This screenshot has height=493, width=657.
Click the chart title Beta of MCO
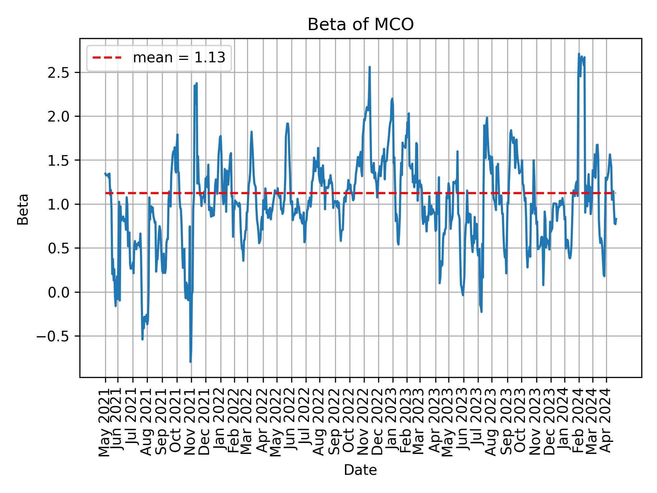pyautogui.click(x=361, y=25)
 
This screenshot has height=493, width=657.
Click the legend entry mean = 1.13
pyautogui.click(x=179, y=58)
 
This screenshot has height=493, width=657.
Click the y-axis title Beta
pyautogui.click(x=23, y=209)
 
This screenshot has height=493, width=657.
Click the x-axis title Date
pyautogui.click(x=360, y=470)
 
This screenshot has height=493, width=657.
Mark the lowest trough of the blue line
pyautogui.click(x=190, y=362)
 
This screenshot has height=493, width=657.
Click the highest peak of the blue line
pyautogui.click(x=579, y=54)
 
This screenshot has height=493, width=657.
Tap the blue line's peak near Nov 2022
pyautogui.click(x=370, y=67)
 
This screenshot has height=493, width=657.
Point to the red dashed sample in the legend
pyautogui.click(x=107, y=58)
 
